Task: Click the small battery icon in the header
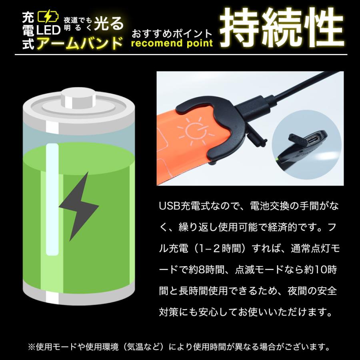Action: coord(45,16)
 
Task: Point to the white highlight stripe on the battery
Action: coord(50,200)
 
